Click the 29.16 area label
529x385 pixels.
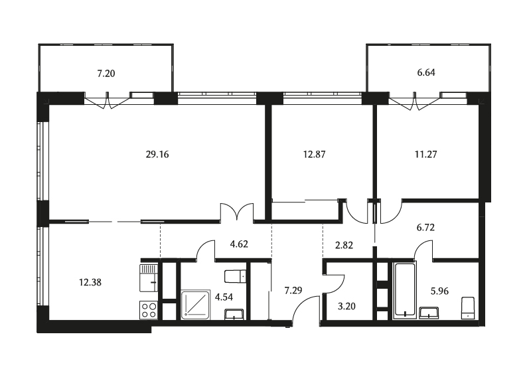pos(157,155)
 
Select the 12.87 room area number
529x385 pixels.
pos(314,155)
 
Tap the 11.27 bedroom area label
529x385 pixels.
pos(425,155)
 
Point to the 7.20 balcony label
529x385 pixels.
pos(106,73)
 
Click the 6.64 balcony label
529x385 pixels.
pos(426,72)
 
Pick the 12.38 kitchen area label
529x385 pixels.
pos(90,282)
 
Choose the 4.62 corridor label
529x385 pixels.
pos(239,244)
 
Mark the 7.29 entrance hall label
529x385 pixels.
pos(293,291)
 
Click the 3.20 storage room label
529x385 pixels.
pos(346,307)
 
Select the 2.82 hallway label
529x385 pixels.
pos(344,246)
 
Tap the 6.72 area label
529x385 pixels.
pos(425,228)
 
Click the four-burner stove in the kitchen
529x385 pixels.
pos(149,310)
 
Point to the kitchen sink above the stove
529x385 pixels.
pos(149,278)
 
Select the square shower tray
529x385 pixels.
pos(196,305)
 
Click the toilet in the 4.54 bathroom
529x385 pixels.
pos(236,276)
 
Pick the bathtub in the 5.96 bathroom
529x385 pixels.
pos(404,291)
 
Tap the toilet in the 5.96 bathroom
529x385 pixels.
pos(467,308)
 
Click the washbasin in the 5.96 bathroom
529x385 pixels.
pos(429,313)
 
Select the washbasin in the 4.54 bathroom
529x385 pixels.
pos(234,314)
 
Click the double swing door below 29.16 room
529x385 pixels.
pos(237,212)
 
